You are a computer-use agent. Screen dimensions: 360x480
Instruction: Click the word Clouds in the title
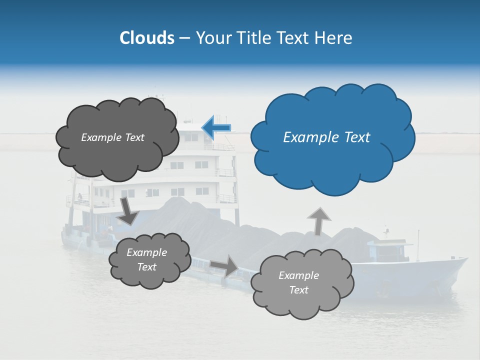[146, 38]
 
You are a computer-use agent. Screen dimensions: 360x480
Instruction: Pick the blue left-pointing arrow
[216, 127]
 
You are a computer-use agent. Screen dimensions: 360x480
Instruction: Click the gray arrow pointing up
[318, 221]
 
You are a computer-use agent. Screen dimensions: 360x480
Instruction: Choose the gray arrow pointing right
[224, 265]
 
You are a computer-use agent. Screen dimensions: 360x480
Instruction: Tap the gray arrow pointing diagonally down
[128, 211]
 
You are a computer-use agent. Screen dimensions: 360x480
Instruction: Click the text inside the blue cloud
[326, 137]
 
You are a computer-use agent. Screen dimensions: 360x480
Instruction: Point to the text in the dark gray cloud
[112, 137]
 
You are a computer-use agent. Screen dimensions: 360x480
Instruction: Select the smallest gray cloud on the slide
[149, 260]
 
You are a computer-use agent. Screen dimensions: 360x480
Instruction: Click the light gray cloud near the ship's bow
[301, 283]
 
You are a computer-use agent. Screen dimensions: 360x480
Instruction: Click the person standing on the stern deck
[79, 197]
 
